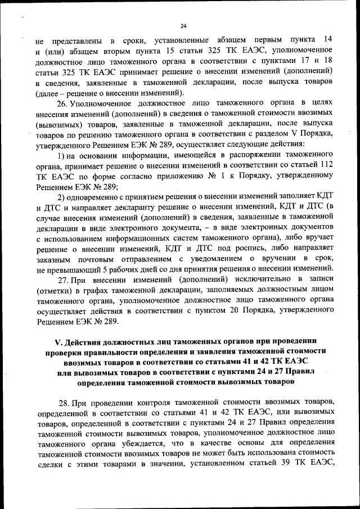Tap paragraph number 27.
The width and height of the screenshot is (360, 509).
tap(63, 280)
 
